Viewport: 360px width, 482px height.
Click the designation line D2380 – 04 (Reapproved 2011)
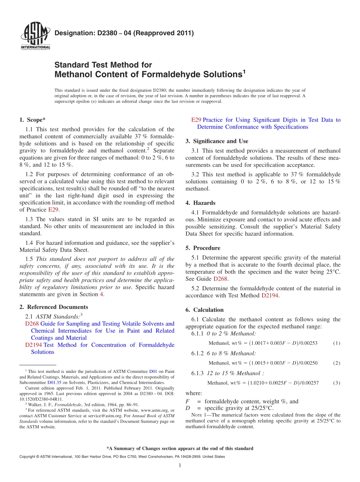pyautogui.click(x=124, y=33)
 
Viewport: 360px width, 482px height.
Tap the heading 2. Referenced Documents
pyautogui.click(x=53, y=307)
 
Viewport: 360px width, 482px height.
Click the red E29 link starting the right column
pyautogui.click(x=196, y=120)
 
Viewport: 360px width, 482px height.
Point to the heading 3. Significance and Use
pyautogui.click(x=217, y=141)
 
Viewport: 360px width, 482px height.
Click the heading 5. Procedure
pyautogui.click(x=203, y=248)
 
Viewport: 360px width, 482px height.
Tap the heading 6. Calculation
pyautogui.click(x=204, y=310)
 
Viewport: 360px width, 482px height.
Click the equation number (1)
pyautogui.click(x=337, y=343)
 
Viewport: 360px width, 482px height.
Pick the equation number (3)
pyautogui.click(x=337, y=383)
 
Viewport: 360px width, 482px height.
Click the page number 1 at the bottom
pyautogui.click(x=180, y=466)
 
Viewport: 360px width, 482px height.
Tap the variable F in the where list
pyautogui.click(x=188, y=401)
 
